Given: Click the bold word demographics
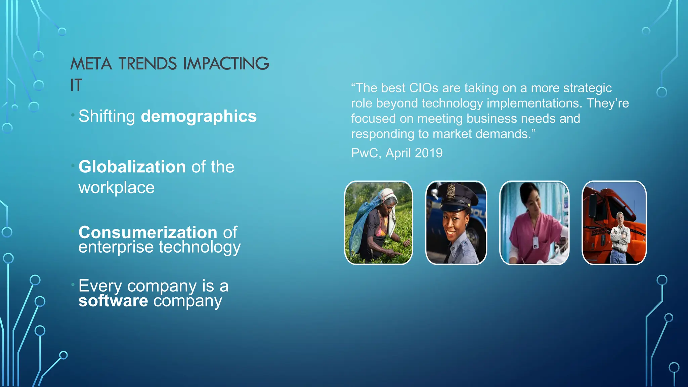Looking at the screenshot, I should [x=199, y=117].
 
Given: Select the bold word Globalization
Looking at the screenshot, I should [x=132, y=167].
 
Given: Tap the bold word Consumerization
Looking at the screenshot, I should [x=148, y=232].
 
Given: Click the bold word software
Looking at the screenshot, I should [x=113, y=301].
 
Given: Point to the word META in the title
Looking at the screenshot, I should [x=91, y=64].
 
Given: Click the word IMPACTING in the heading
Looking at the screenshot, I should [x=226, y=64].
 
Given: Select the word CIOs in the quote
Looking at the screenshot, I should [x=424, y=88].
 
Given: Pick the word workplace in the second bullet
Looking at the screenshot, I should [x=116, y=187].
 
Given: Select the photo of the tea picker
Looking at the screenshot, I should [x=378, y=223].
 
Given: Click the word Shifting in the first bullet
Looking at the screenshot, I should [x=106, y=117].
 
